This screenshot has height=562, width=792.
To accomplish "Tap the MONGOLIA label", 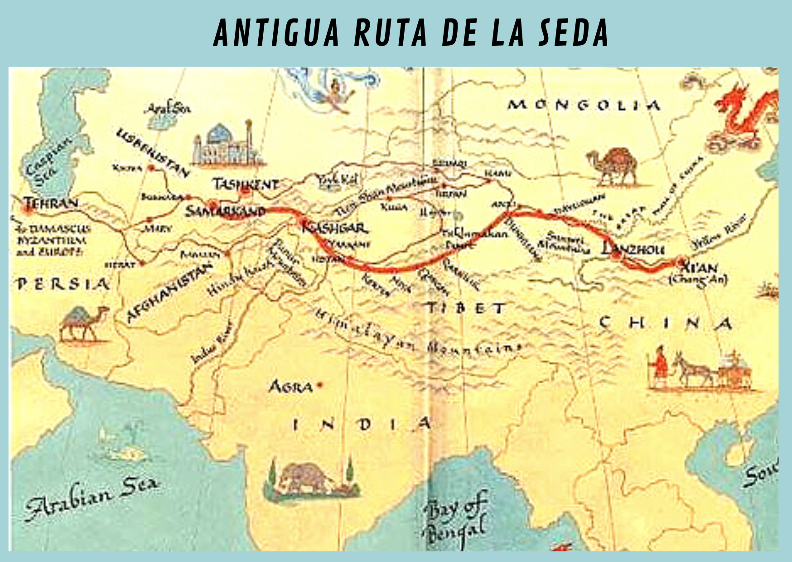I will pyautogui.click(x=584, y=105).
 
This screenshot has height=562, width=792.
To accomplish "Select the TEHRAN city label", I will pyautogui.click(x=51, y=203).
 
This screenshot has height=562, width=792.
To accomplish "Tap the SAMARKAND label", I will pyautogui.click(x=225, y=211).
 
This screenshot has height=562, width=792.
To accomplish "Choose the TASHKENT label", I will pyautogui.click(x=246, y=184).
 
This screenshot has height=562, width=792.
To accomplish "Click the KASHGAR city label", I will pyautogui.click(x=336, y=228).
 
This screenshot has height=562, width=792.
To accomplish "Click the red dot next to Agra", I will pyautogui.click(x=319, y=385).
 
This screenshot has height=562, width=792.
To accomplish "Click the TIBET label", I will pyautogui.click(x=466, y=309).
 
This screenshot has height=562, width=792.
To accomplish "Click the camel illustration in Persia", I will pyautogui.click(x=84, y=323).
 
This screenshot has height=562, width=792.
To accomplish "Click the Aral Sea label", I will pyautogui.click(x=168, y=109).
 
